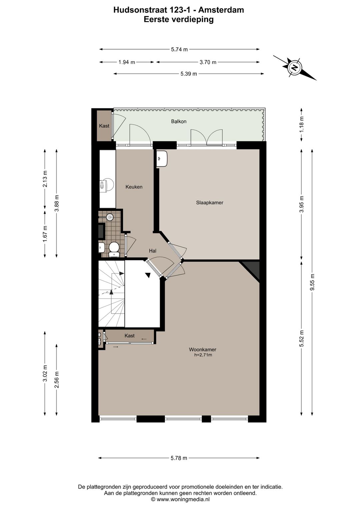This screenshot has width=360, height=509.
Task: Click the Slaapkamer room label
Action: (209, 202)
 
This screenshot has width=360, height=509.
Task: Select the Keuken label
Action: (134, 187)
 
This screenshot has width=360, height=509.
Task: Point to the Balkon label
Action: (179, 121)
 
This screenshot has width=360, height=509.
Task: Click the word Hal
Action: (153, 251)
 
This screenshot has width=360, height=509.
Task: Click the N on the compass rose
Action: (294, 67)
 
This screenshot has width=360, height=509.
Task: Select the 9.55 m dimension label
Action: (313, 282)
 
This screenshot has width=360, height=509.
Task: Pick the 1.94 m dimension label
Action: (127, 62)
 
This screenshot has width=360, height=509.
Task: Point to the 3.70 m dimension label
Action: (208, 62)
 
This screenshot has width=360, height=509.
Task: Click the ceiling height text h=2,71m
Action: (203, 355)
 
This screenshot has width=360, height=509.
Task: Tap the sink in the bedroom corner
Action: (162, 158)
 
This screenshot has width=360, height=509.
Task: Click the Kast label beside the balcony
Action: (104, 126)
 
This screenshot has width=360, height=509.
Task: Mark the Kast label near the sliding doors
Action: (129, 336)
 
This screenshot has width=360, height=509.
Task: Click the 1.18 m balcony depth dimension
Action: (301, 124)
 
